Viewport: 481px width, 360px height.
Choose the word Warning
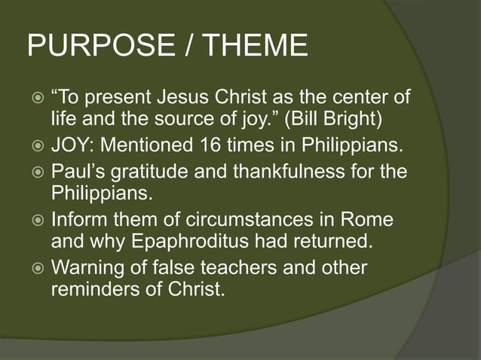[x=90, y=268]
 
